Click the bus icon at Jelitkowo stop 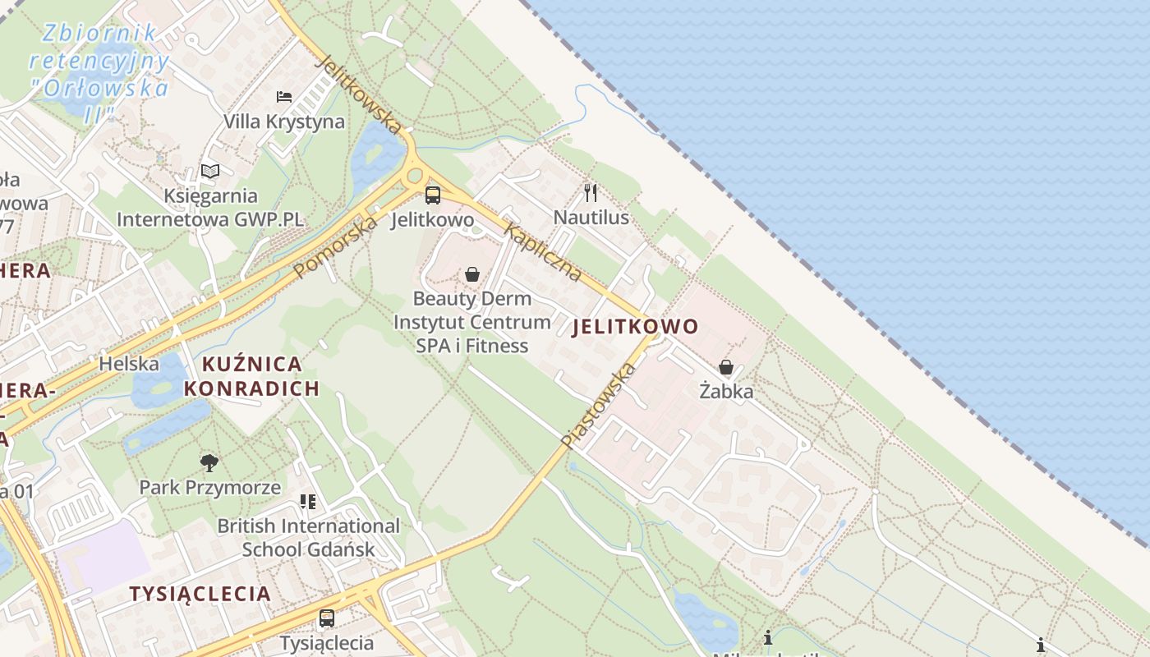[432, 195]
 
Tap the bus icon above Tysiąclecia [327, 618]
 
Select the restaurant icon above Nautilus [591, 193]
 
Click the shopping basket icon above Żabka [726, 367]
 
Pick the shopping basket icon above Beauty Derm [472, 274]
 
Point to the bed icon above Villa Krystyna [284, 97]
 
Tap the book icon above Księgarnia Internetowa [210, 172]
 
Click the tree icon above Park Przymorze [209, 463]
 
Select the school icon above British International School [308, 501]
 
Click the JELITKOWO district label [635, 327]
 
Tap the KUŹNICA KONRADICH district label [251, 376]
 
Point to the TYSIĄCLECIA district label [200, 594]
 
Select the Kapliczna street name [543, 251]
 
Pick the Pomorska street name [336, 246]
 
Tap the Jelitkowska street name [359, 94]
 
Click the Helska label [129, 363]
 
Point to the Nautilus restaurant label [591, 218]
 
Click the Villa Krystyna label [284, 122]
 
